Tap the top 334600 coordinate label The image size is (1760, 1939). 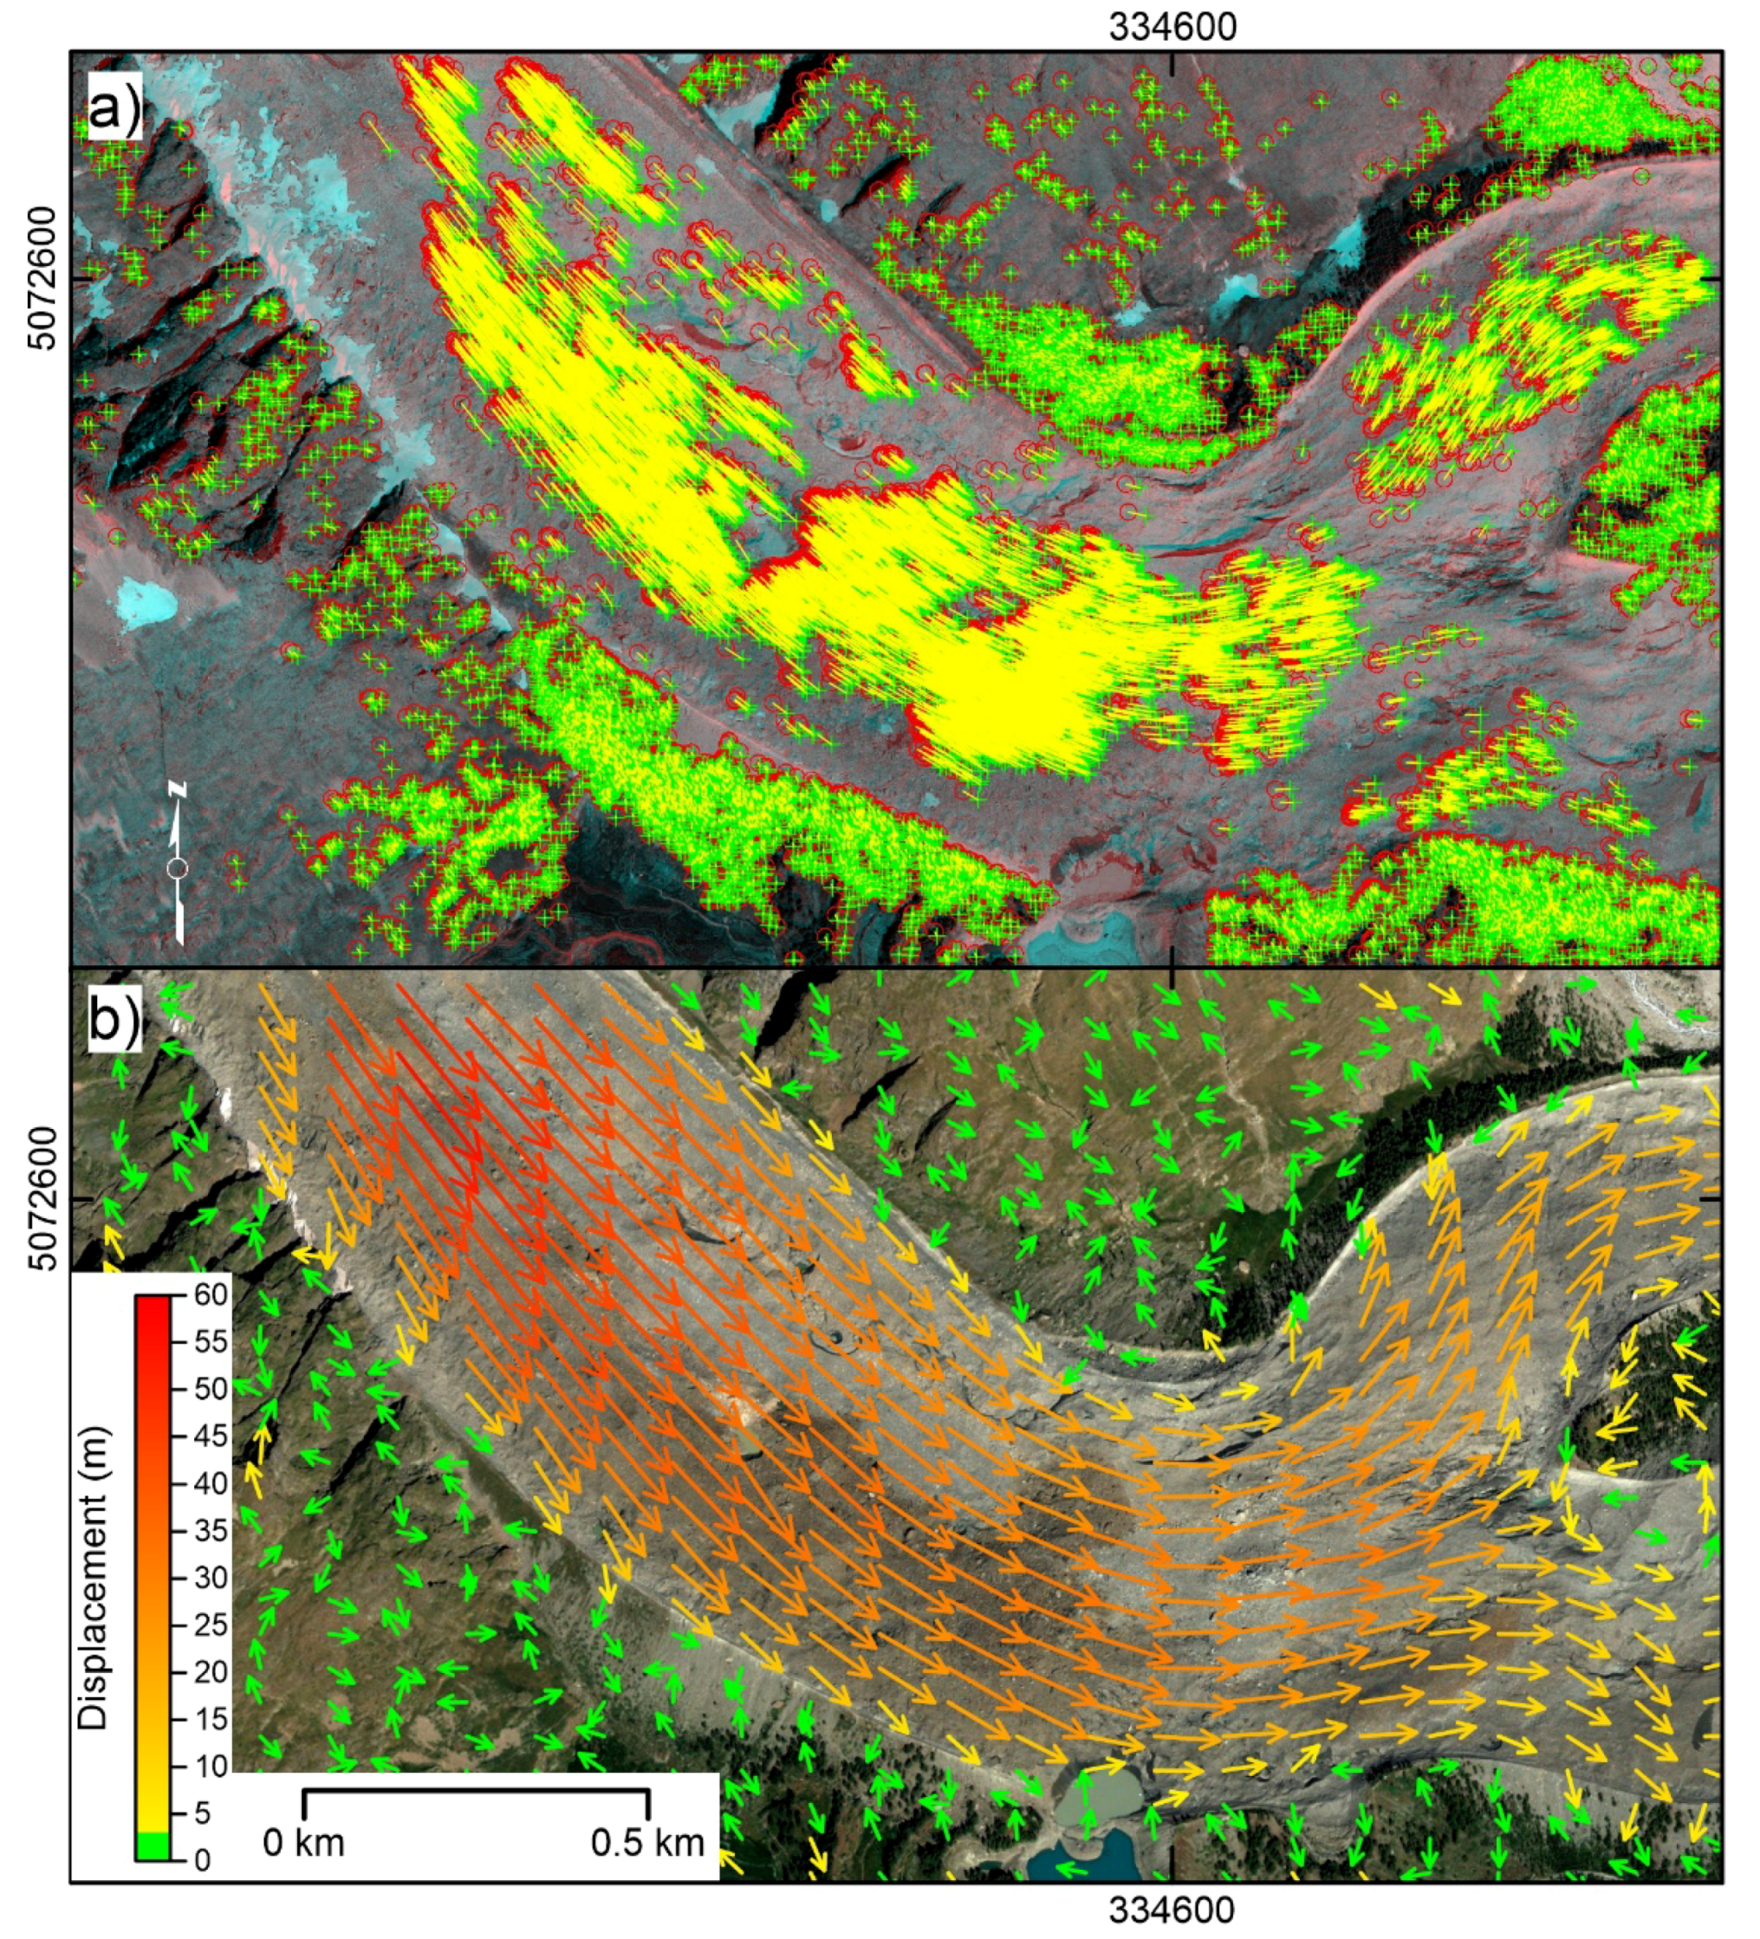[1172, 28]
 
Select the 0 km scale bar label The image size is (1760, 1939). [304, 1843]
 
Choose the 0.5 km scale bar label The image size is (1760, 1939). [647, 1843]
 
